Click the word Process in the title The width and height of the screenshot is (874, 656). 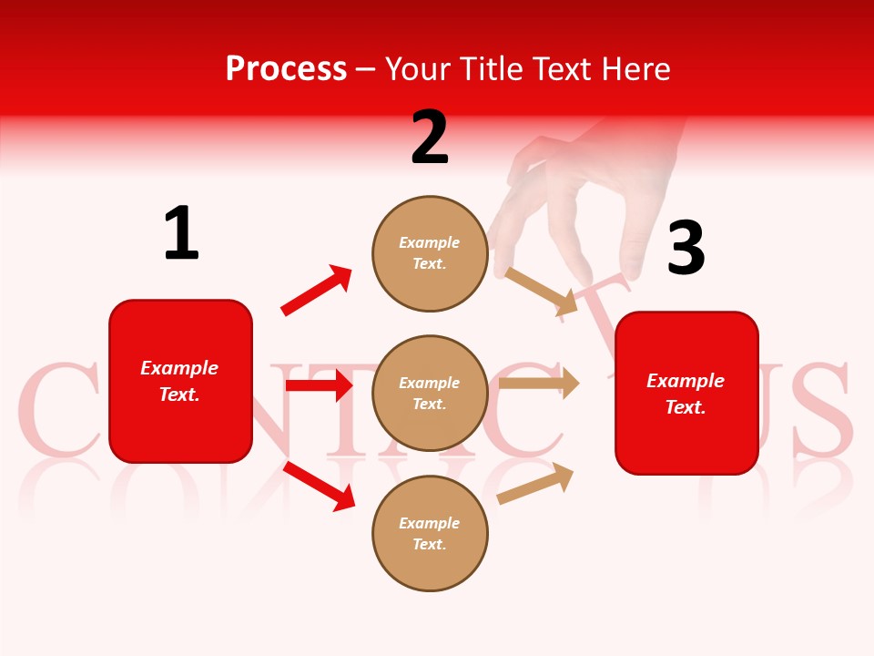point(286,69)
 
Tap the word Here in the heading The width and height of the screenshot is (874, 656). point(635,69)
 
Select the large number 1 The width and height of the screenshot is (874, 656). point(181,234)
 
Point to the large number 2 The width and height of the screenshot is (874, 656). point(430,138)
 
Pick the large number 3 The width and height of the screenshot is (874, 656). point(686,248)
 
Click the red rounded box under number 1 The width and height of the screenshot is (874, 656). point(180,381)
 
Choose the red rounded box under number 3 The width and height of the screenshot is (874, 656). point(686,393)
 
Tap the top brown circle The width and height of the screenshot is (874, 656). point(430,253)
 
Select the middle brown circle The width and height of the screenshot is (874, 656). point(430,394)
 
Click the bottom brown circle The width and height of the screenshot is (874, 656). point(430,534)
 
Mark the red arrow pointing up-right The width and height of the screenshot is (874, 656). point(316,291)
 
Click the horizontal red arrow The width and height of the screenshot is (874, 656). point(319,385)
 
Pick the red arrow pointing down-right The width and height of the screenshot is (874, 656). point(320,486)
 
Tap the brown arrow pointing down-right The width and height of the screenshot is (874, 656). point(542,292)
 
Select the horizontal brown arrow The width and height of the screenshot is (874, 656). point(539,384)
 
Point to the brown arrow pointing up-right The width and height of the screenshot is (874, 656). point(535,483)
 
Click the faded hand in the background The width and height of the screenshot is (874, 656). point(592,191)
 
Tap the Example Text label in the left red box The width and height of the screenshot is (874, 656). point(179,381)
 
